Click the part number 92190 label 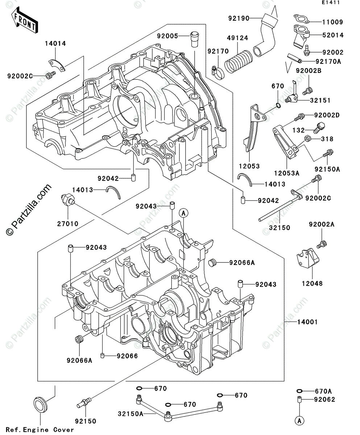pos(239,18)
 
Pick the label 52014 pos(332,35)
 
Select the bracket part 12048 pos(308,259)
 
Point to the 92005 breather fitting pos(194,39)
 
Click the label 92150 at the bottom pos(86,421)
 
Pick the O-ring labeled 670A pos(299,391)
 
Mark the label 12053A pos(287,174)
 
